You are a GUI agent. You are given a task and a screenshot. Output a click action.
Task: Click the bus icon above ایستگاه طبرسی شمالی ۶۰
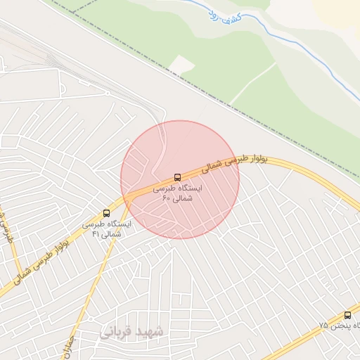click(x=177, y=177)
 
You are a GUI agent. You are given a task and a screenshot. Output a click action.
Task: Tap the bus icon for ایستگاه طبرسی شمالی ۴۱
click(x=107, y=212)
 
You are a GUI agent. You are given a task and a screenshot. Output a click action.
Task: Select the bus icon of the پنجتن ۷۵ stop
click(x=347, y=315)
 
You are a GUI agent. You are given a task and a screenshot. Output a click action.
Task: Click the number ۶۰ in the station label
click(x=167, y=199)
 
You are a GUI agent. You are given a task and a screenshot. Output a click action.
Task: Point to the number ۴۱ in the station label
click(x=96, y=233)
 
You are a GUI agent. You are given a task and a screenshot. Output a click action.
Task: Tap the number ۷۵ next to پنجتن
click(x=323, y=326)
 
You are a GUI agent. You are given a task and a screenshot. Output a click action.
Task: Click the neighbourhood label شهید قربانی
click(x=131, y=330)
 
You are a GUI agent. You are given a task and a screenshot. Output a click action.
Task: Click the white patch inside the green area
click(x=181, y=65)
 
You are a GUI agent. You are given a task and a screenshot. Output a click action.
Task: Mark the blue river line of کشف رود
click(x=295, y=42)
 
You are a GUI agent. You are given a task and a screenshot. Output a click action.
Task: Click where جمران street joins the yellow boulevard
click(x=129, y=200)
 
